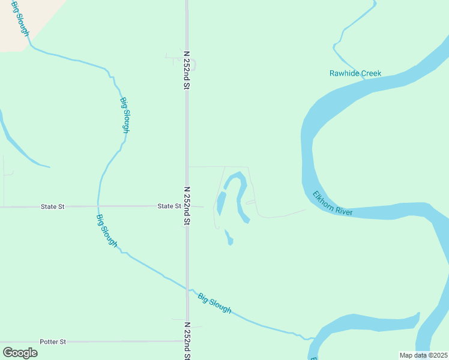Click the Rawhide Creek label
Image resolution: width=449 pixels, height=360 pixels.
coord(355,74)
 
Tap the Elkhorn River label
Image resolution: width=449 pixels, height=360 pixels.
coord(332,204)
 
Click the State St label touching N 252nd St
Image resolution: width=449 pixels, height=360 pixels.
coord(169,206)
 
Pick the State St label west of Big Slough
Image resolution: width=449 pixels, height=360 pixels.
coord(52,207)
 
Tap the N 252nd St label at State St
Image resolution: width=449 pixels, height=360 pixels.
coord(187,206)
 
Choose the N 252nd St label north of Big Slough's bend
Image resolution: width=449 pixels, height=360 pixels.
coord(187,70)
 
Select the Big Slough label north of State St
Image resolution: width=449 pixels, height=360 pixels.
coord(125,115)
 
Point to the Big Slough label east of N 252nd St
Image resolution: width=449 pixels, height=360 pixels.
coord(214,303)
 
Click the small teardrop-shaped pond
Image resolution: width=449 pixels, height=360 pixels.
coord(229,238)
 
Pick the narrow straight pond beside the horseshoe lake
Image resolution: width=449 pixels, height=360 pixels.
coord(220,203)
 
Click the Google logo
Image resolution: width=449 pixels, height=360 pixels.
coord(20,352)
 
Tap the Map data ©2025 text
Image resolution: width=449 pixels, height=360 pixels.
coord(423,355)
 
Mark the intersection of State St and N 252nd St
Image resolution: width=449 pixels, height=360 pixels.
coord(187,206)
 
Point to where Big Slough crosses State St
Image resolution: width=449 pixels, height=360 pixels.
coord(98,206)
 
